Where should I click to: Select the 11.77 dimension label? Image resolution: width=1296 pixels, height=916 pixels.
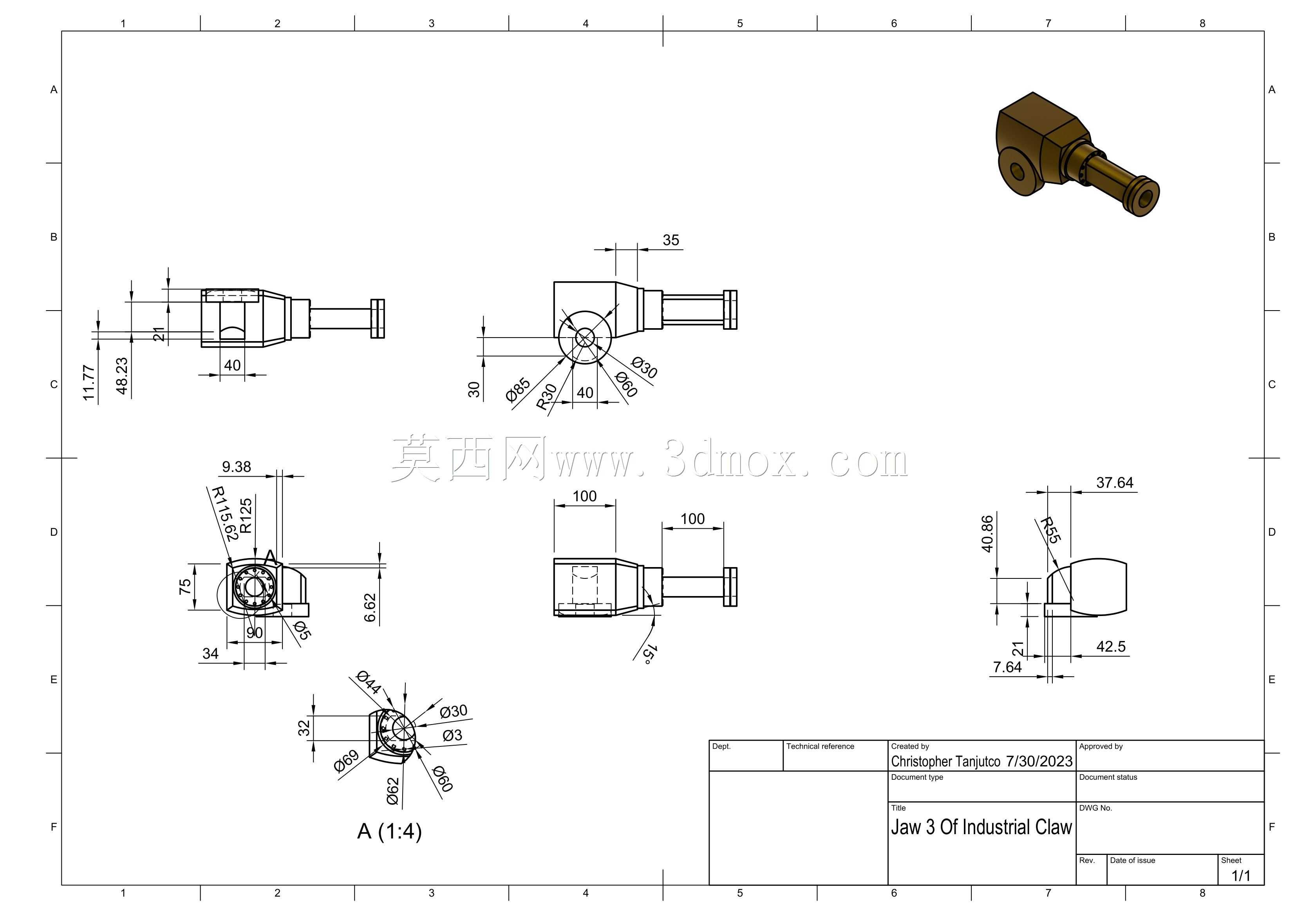point(89,383)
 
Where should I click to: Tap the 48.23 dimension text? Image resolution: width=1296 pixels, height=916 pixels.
point(122,376)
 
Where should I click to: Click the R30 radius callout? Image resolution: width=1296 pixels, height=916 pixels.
point(546,396)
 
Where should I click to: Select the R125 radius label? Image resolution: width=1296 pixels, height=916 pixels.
point(246,516)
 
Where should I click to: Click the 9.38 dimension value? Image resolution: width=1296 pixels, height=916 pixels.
point(237,467)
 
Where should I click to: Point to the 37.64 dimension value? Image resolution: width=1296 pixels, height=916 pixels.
point(1115,482)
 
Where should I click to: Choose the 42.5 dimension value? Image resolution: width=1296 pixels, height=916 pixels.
point(1111,647)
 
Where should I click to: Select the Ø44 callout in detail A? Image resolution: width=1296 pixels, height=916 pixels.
point(369,682)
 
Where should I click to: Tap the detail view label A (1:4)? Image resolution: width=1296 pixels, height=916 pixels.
point(389,831)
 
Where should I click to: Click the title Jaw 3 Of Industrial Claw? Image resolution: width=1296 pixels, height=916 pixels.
point(981,827)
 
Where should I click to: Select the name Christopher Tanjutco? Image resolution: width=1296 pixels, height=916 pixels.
point(945,761)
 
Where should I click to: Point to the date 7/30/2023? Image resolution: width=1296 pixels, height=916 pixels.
point(1039,761)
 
